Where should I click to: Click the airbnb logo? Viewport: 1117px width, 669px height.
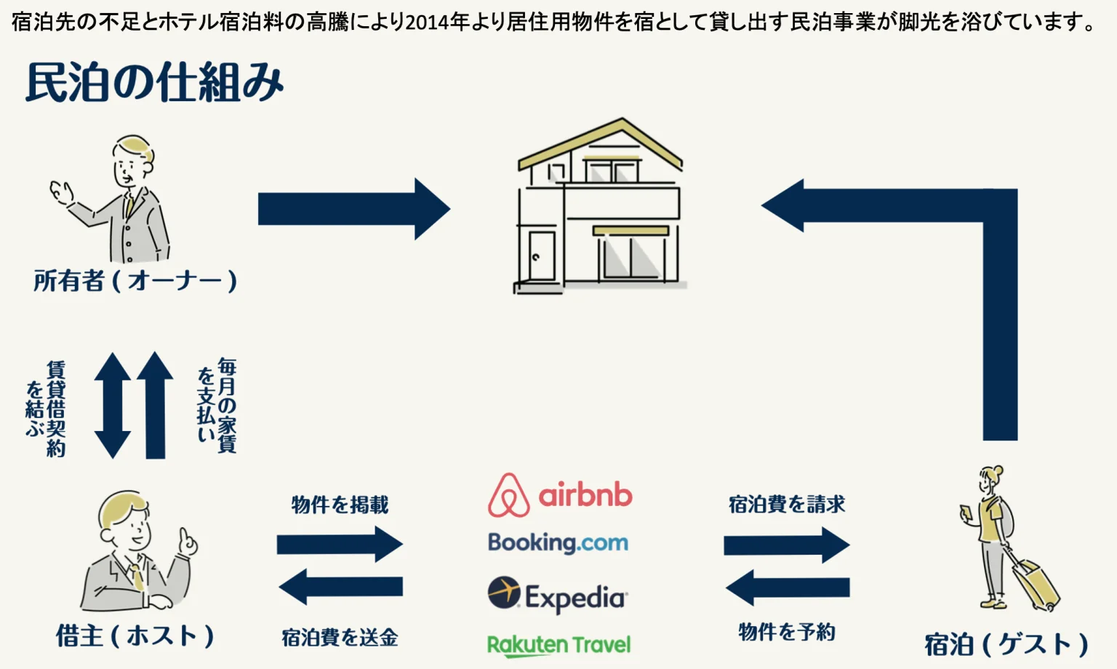click(x=559, y=495)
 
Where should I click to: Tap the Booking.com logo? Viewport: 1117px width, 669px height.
click(x=558, y=542)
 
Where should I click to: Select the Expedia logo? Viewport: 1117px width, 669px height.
click(x=558, y=596)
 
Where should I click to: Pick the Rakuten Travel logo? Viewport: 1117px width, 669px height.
click(x=558, y=645)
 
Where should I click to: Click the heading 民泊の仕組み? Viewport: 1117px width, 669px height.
click(x=154, y=82)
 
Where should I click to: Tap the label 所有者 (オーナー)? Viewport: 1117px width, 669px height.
click(x=135, y=281)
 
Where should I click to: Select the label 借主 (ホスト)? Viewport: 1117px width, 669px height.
click(x=135, y=636)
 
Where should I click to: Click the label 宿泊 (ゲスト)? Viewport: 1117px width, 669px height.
click(x=1006, y=644)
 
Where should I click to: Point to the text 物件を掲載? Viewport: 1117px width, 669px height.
click(x=340, y=504)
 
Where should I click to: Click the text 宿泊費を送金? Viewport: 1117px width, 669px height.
click(x=340, y=638)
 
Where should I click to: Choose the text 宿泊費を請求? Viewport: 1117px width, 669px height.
click(x=787, y=504)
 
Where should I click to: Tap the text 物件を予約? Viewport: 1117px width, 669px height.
click(x=787, y=632)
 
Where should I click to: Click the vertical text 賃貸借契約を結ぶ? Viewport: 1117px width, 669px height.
click(x=46, y=408)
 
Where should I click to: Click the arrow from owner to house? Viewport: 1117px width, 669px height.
click(x=353, y=209)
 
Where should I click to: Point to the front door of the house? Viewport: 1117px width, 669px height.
click(x=541, y=256)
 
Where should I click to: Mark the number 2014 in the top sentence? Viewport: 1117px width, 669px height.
click(x=427, y=23)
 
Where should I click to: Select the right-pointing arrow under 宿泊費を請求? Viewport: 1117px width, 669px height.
click(x=786, y=545)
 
